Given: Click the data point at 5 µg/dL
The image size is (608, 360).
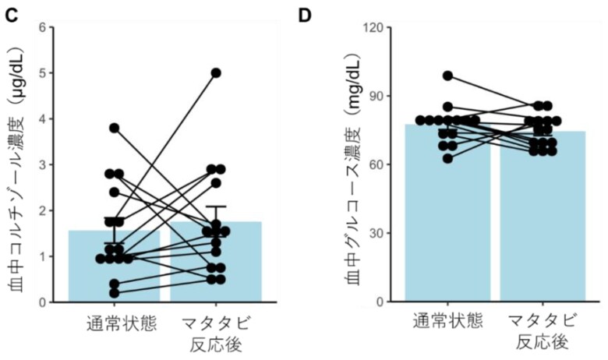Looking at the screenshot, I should tap(216, 72).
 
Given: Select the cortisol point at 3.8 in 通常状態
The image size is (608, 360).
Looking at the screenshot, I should tap(114, 128).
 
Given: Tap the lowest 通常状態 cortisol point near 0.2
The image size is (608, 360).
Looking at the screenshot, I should tap(114, 293).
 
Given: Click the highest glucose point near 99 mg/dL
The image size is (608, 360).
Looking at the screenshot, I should tap(448, 76).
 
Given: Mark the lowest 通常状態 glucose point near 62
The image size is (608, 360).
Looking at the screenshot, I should tap(448, 159).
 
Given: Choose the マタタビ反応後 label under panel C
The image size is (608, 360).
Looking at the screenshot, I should tap(216, 333).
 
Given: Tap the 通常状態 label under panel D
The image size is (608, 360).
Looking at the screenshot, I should tap(448, 323).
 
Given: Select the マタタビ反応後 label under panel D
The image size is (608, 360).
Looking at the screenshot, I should tap(543, 333).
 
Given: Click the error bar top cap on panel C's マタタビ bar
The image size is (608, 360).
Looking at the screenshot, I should tap(216, 206).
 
